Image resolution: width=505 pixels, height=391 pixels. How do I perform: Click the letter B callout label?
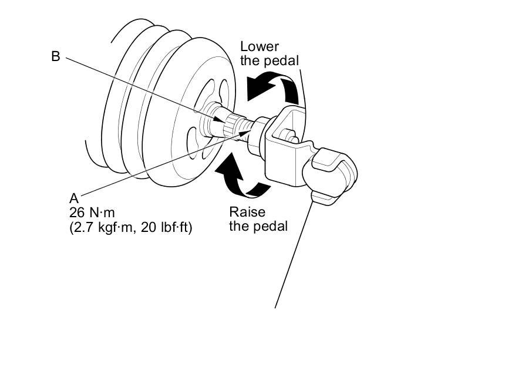(56, 57)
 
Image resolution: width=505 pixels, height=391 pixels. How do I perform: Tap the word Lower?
(260, 47)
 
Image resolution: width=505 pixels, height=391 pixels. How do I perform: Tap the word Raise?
(247, 212)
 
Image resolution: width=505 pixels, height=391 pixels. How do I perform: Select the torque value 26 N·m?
(92, 213)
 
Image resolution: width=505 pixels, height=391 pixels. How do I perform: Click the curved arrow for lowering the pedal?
(274, 88)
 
